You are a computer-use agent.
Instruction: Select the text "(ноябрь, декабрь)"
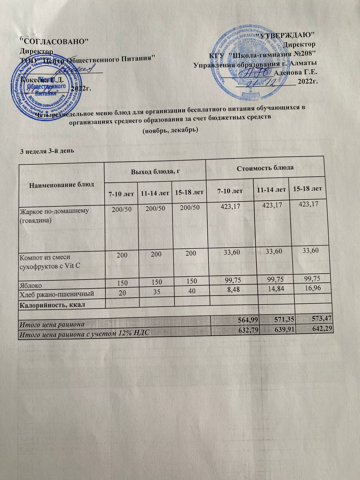pyautogui.click(x=169, y=130)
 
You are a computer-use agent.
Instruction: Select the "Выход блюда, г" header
pyautogui.click(x=154, y=172)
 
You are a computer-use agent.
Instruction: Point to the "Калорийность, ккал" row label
pyautogui.click(x=52, y=305)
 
